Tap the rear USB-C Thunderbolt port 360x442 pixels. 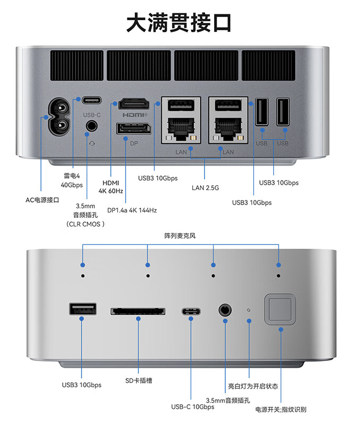pos(92,100)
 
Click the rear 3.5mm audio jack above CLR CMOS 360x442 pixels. pos(92,126)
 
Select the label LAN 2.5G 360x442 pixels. pos(206,187)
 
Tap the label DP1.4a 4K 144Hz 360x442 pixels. pos(132,210)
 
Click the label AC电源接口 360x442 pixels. pos(42,200)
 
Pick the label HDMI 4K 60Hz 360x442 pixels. pos(111,187)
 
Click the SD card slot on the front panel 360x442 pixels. pos(138,310)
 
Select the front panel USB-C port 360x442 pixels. pos(191,312)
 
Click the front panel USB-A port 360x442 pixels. pos(83,309)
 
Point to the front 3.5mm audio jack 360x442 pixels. pos(225,310)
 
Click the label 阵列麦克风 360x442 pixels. pos(180,235)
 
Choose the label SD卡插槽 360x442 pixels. pos(138,381)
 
